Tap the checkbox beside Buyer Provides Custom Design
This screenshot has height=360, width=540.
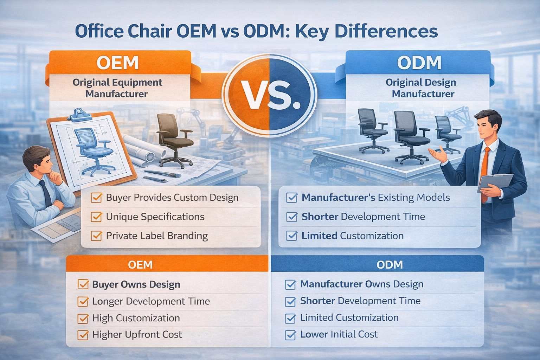(x=96, y=198)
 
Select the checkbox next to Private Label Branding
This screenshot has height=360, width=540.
(x=96, y=236)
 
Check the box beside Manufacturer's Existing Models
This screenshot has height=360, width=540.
(x=291, y=198)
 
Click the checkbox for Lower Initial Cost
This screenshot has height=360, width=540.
(x=290, y=335)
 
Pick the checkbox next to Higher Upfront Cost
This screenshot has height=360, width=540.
(x=83, y=335)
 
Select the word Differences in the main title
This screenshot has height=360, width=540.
(x=386, y=31)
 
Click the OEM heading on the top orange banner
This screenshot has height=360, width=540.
(x=117, y=63)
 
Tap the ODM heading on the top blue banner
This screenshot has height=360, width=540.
(x=419, y=63)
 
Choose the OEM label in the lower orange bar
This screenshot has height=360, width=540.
(x=140, y=265)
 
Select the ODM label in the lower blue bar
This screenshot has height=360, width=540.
(x=390, y=265)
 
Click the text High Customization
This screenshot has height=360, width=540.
(x=136, y=318)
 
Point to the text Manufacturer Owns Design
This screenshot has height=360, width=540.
(x=361, y=284)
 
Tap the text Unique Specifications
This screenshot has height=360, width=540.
(x=155, y=217)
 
